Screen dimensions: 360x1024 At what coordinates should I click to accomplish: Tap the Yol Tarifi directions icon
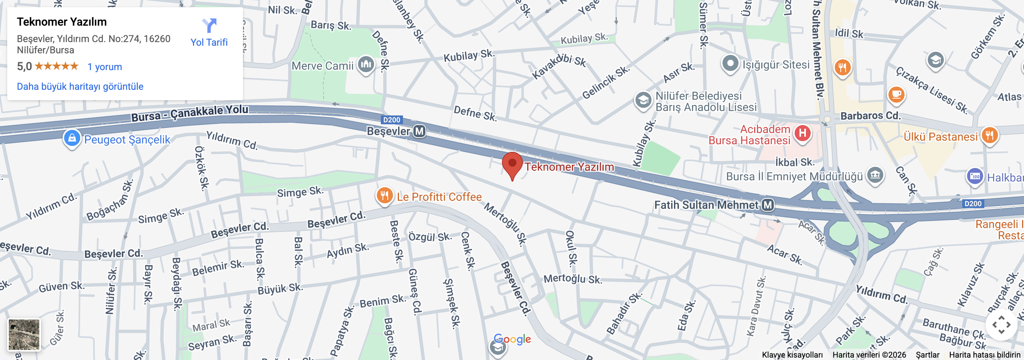click(209, 26)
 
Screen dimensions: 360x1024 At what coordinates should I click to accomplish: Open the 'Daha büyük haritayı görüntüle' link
click(80, 87)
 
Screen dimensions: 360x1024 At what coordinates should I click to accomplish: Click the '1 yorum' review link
click(105, 67)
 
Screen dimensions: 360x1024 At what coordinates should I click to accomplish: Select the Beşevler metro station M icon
click(419, 131)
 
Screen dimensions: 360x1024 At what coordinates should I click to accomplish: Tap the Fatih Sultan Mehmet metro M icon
click(767, 205)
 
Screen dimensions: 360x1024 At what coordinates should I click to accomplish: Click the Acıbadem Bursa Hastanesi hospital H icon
click(802, 133)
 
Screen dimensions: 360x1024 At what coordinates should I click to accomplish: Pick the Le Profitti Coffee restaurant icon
click(385, 196)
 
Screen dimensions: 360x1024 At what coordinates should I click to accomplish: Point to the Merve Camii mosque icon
click(366, 64)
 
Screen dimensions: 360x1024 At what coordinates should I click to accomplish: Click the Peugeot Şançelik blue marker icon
click(72, 138)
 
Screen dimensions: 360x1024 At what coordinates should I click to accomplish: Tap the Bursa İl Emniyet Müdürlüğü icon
click(875, 175)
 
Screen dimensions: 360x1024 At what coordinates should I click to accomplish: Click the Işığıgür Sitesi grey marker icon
click(730, 63)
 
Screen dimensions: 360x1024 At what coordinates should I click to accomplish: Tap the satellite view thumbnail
click(24, 335)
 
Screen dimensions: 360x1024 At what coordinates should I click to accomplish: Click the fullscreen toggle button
click(1001, 325)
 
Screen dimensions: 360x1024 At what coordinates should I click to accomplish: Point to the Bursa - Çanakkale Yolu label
click(190, 113)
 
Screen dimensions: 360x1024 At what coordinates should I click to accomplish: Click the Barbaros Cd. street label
click(870, 116)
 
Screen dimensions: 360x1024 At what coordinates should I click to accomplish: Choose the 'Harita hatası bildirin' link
click(984, 355)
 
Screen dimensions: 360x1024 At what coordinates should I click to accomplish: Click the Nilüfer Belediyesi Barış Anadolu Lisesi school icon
click(644, 100)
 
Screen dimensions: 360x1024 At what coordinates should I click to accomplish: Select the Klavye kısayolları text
click(792, 355)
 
